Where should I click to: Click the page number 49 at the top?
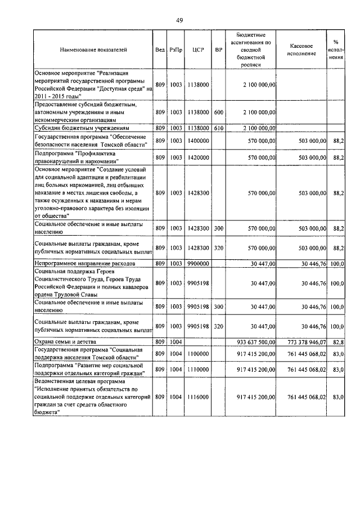click(x=179, y=20)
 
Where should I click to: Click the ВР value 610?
click(x=219, y=128)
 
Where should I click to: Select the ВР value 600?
click(x=219, y=112)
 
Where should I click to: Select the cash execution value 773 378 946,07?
click(x=307, y=341)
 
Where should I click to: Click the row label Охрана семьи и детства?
click(x=65, y=341)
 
